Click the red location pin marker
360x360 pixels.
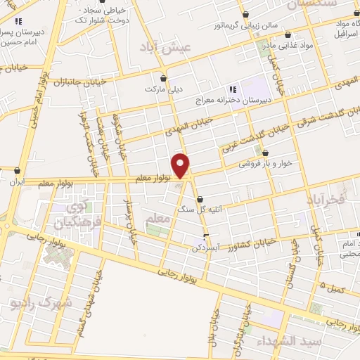coord(181,165)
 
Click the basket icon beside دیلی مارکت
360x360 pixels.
coord(165,78)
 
